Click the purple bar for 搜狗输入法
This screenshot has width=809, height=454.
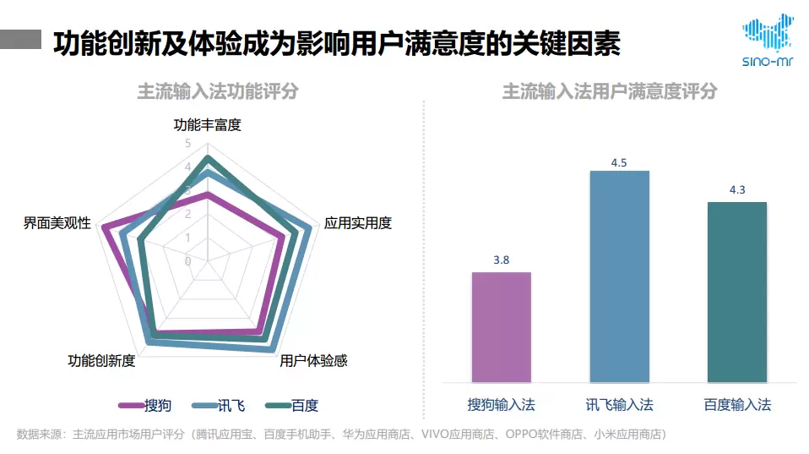[x=501, y=326]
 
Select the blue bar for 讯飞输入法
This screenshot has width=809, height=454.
[x=619, y=276]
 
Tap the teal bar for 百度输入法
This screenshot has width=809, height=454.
[x=736, y=292]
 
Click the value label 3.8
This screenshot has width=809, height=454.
[x=501, y=260]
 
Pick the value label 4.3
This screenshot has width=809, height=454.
[x=736, y=189]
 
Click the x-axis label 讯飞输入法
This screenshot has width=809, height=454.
[x=619, y=405]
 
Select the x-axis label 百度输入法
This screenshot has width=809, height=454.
[x=736, y=405]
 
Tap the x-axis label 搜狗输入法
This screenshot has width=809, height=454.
[x=501, y=405]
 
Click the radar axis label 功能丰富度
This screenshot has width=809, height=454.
[x=207, y=125]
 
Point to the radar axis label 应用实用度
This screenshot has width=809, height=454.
[x=358, y=223]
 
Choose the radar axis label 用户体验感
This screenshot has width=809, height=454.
[x=313, y=361]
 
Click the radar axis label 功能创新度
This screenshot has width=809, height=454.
[x=101, y=361]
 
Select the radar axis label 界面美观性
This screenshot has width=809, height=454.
[x=57, y=223]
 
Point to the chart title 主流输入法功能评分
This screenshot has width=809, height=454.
[x=218, y=91]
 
